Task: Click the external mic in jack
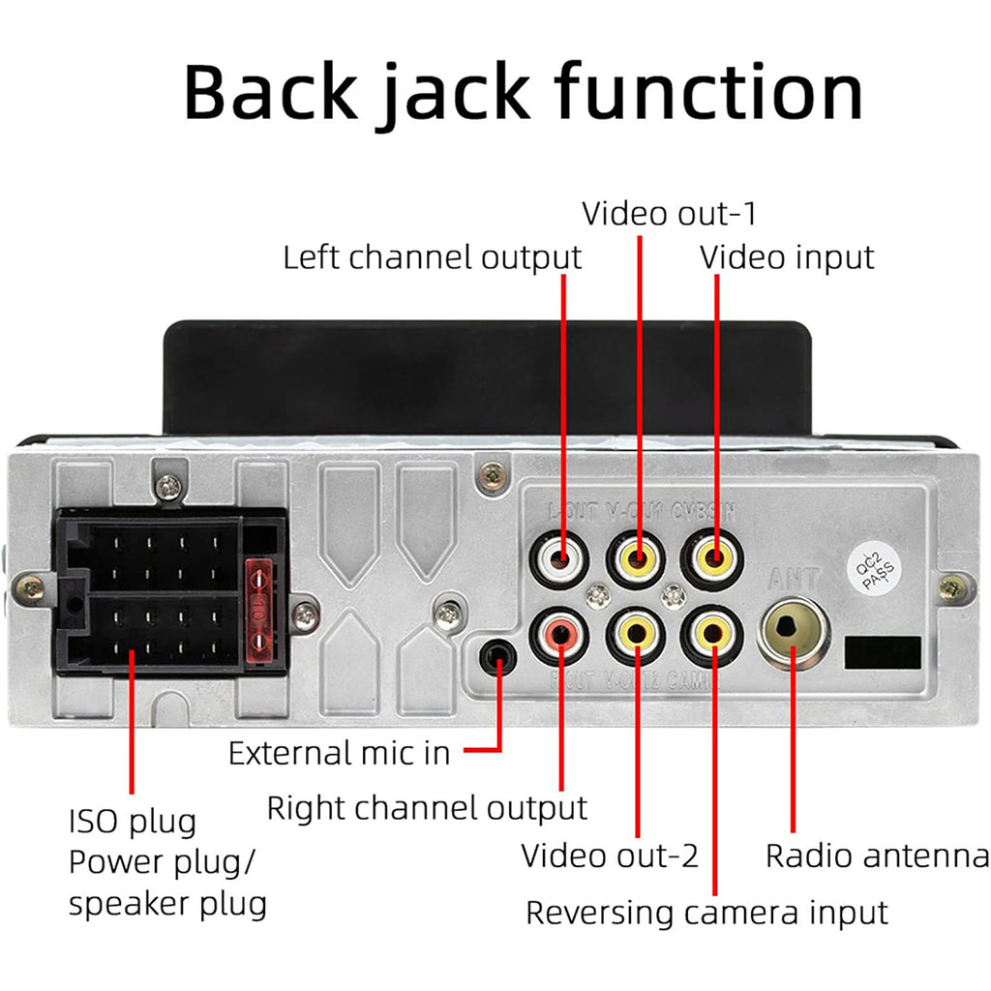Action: (x=498, y=656)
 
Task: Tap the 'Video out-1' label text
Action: (x=668, y=212)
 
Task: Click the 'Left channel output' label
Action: (x=432, y=257)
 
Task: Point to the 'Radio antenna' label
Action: (x=877, y=856)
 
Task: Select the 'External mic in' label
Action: (x=339, y=753)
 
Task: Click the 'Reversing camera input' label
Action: (x=706, y=912)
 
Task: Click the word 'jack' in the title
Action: (x=446, y=93)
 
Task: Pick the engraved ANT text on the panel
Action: (x=794, y=580)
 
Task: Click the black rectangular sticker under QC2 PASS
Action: (x=883, y=652)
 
